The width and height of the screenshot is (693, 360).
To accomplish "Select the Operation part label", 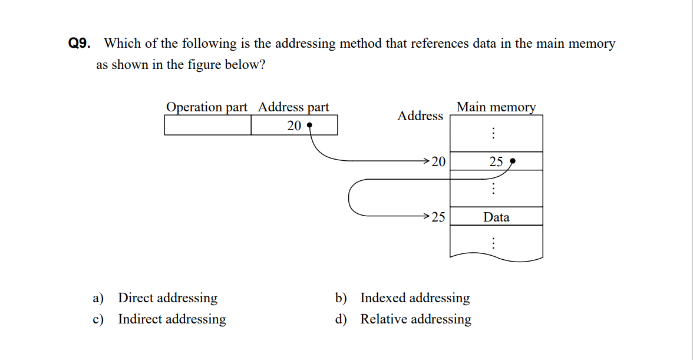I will (x=206, y=107).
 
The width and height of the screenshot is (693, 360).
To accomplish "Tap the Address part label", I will (x=293, y=107).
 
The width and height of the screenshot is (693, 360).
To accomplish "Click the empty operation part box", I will (x=207, y=125).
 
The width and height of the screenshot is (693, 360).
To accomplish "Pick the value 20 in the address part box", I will (x=294, y=125).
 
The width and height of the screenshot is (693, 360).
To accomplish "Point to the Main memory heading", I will (x=496, y=107).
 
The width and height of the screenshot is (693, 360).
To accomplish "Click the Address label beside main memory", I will (x=420, y=116).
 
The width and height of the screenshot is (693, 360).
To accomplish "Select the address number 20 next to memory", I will (x=438, y=161).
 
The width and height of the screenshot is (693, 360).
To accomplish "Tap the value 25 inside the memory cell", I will (x=496, y=161).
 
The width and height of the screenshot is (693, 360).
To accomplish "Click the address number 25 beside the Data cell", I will (x=438, y=217).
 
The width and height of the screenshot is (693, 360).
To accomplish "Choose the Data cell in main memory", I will (x=496, y=217).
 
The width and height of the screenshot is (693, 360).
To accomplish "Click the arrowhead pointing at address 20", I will (x=426, y=160).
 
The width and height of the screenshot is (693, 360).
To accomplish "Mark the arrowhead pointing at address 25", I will (x=426, y=216).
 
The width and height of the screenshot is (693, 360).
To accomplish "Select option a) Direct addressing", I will (x=167, y=298).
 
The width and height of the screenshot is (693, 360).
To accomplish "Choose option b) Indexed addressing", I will (x=415, y=298).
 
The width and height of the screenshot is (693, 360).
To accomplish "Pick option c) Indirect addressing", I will (x=171, y=319).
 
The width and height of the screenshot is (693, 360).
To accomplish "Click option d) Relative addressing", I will (x=415, y=319).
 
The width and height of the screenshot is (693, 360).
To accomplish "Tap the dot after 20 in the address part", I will (x=309, y=125).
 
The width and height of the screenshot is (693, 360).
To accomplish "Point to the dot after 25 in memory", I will (x=512, y=160).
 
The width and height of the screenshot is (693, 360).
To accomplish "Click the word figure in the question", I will (x=204, y=65).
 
